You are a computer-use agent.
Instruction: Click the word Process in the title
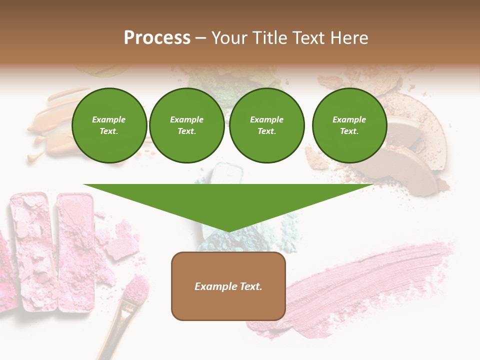[x=157, y=38]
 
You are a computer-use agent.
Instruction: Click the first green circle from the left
[x=109, y=125]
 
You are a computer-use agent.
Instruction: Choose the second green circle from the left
[x=187, y=125]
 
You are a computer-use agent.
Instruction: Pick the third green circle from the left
[x=266, y=125]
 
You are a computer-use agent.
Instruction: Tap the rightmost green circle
[x=349, y=125]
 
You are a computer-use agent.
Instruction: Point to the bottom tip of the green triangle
[x=228, y=231]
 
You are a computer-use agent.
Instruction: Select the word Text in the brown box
[x=251, y=286]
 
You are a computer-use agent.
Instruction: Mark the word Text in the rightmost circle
[x=349, y=131]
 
